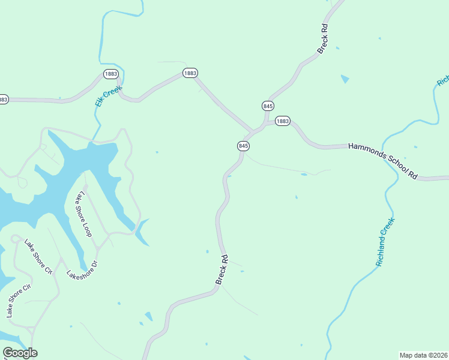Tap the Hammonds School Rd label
pos(383,160)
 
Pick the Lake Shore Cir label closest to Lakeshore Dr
pos(39,257)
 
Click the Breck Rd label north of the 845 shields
pos(323,39)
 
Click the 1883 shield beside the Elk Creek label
pos(110,74)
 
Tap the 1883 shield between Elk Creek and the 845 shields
pos(190,73)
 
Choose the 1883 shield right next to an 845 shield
pos(282,121)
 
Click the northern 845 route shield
pos(268,106)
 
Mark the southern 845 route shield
pos(243,146)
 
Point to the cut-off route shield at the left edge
pos(3,99)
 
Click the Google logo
pos(20,353)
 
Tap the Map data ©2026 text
pos(423,355)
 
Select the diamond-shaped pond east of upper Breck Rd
pos(345,79)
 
